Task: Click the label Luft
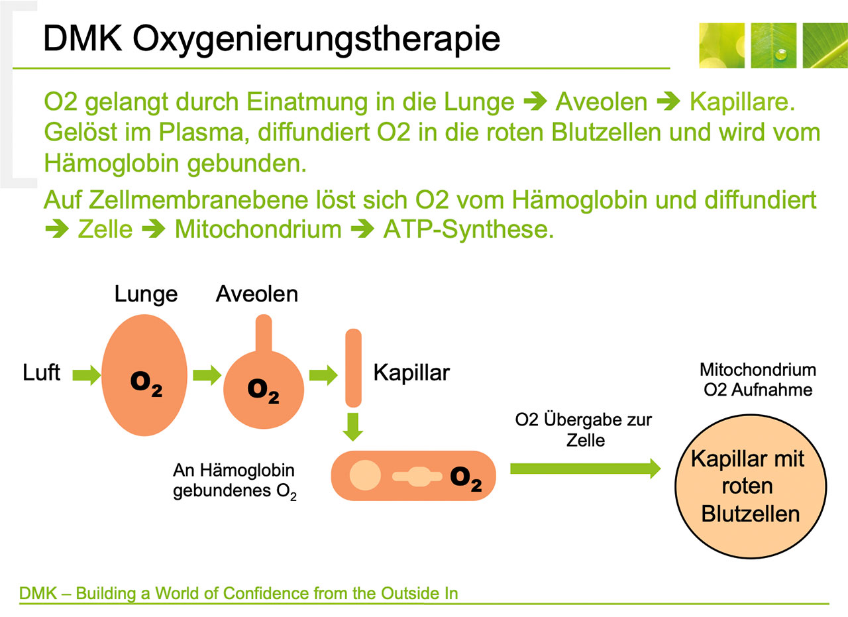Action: click(x=41, y=373)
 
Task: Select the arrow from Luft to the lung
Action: click(x=87, y=376)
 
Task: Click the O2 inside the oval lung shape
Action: click(x=146, y=384)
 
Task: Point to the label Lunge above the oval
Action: click(x=146, y=294)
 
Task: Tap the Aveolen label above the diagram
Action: click(x=257, y=294)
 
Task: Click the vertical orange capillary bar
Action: click(x=354, y=368)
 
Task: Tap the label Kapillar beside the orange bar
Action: click(x=411, y=372)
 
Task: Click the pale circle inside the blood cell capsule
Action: click(x=364, y=476)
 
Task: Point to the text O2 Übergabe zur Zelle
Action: click(x=584, y=429)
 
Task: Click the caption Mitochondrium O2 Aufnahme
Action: click(x=758, y=379)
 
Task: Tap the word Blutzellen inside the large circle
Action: click(x=750, y=514)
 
